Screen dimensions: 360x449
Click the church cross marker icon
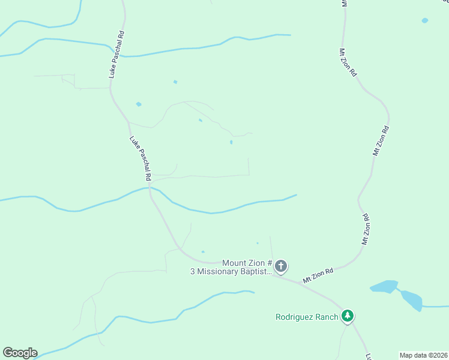(x=281, y=266)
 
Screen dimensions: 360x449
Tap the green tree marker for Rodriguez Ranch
(x=347, y=316)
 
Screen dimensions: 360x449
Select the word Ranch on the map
(x=328, y=317)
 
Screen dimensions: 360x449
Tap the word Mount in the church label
(x=234, y=263)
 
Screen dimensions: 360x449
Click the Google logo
(x=20, y=353)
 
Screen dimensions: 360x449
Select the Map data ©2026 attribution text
(x=424, y=355)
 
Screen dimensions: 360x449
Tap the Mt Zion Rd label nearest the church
(x=318, y=275)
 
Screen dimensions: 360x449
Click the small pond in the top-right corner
(x=425, y=20)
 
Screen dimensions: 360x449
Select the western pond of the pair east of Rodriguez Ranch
(x=384, y=286)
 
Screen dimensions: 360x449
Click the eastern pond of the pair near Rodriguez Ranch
(x=412, y=299)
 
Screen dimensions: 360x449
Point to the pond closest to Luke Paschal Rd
(x=139, y=104)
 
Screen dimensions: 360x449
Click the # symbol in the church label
(x=270, y=263)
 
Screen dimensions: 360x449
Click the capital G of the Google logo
(x=7, y=352)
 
